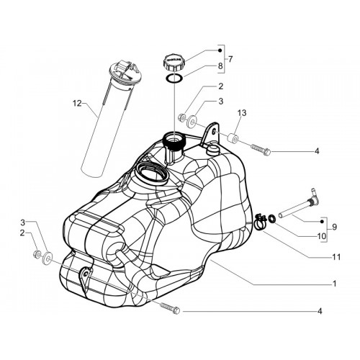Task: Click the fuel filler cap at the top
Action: pos(173,63)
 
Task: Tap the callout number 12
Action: pos(77,104)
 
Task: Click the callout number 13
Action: pos(242,113)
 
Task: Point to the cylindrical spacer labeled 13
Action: pos(233,138)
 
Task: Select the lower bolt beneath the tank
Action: pos(169,308)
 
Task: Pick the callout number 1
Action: pos(335,284)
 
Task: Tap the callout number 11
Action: pos(336,257)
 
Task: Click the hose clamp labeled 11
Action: pos(260,222)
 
